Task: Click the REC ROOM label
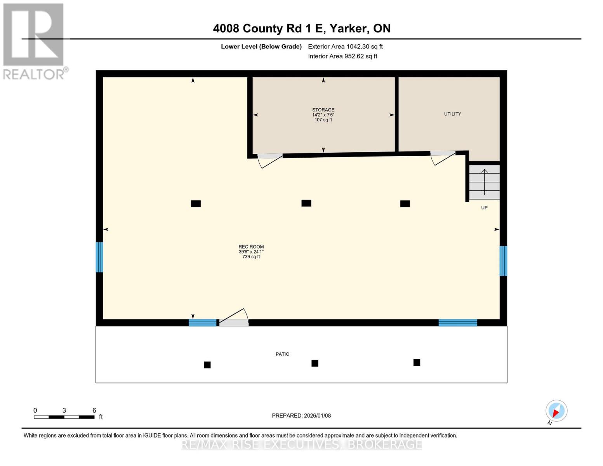click(x=251, y=247)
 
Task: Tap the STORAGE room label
click(x=323, y=110)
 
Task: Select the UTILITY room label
click(x=452, y=114)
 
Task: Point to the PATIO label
click(x=282, y=354)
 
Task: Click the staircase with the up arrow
click(x=484, y=182)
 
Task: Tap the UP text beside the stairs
click(x=484, y=208)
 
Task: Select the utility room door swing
click(x=443, y=157)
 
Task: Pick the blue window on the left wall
click(x=99, y=257)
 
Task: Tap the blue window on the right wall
click(x=503, y=261)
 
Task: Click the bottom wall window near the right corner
click(x=457, y=323)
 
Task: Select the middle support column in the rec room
click(x=306, y=203)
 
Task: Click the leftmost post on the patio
click(x=207, y=365)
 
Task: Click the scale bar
click(x=64, y=417)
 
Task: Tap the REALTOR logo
click(x=34, y=41)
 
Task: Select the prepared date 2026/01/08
click(x=317, y=416)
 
